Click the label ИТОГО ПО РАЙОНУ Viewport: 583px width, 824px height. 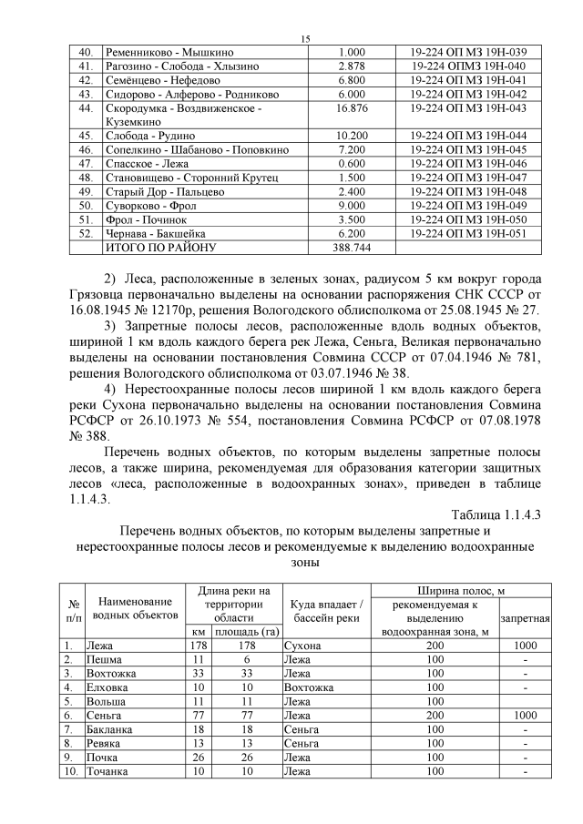(x=161, y=247)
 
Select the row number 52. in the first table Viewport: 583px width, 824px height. (x=87, y=233)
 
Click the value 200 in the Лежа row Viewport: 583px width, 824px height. (x=435, y=645)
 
